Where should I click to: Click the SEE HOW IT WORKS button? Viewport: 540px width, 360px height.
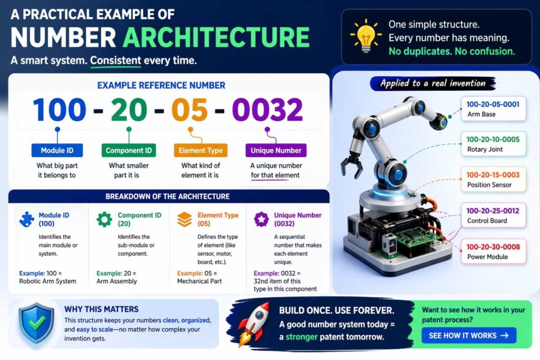[469, 335]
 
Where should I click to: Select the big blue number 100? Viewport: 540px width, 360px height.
[59, 109]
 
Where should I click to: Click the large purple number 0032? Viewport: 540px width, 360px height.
[267, 109]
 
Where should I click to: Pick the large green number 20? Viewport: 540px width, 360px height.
[126, 109]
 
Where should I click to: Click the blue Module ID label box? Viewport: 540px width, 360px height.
[57, 150]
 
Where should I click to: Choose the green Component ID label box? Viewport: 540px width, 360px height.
[129, 150]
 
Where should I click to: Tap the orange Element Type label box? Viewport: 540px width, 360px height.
[200, 150]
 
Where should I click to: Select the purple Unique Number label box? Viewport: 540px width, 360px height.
[276, 150]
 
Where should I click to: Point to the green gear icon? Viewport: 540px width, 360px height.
[104, 219]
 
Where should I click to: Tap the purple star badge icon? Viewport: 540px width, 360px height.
[262, 219]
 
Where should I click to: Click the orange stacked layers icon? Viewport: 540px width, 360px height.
[184, 219]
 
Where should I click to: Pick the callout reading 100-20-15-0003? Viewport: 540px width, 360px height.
[493, 180]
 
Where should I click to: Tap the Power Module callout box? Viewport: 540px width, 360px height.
[493, 251]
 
